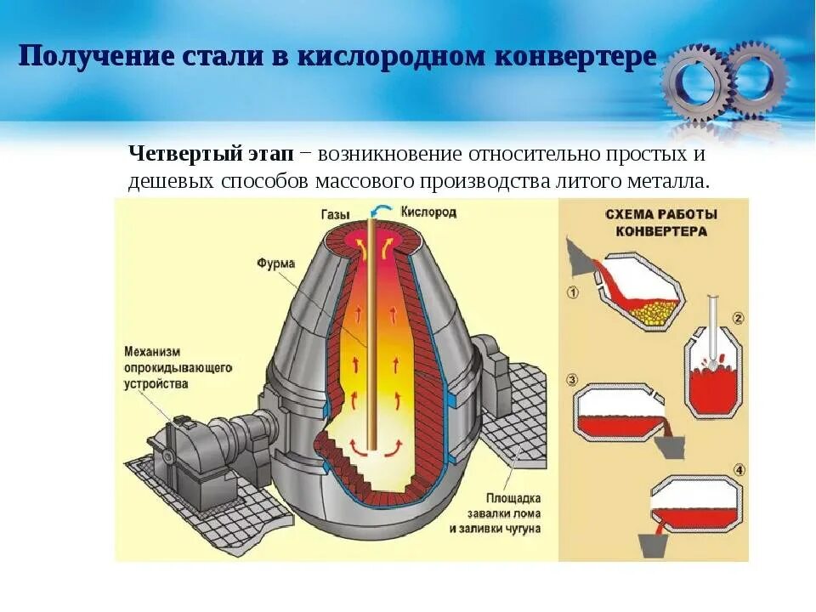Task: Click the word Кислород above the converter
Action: (428, 212)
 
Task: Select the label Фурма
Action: (275, 263)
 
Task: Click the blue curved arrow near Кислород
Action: (384, 210)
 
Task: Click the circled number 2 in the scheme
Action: (738, 319)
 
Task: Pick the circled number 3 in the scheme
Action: (572, 379)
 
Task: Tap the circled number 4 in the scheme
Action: (739, 469)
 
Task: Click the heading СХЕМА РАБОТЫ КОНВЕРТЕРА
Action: (661, 222)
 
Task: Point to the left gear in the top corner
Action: (695, 82)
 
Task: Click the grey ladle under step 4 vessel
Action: (660, 538)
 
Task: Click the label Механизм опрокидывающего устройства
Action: (177, 367)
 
